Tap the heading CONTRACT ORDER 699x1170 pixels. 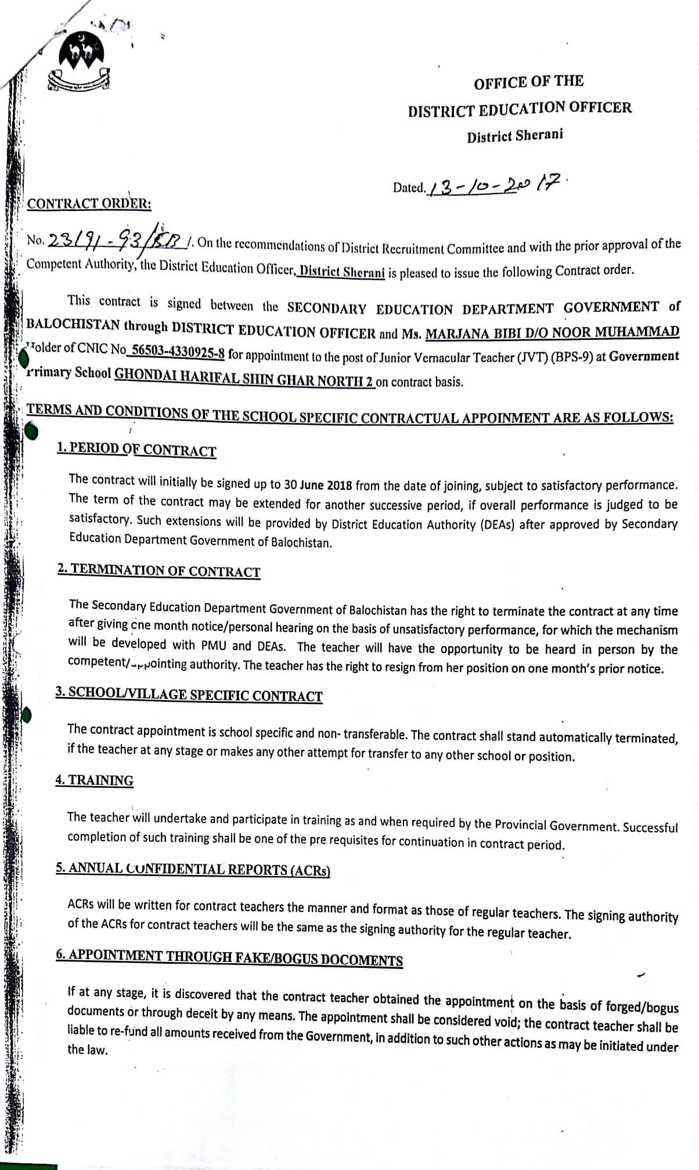89,204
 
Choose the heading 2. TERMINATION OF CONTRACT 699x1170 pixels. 159,570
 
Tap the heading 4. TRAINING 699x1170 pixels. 95,780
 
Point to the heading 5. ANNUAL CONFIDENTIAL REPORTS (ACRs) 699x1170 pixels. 193,869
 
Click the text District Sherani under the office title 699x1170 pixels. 514,136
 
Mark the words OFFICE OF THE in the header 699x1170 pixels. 528,82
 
